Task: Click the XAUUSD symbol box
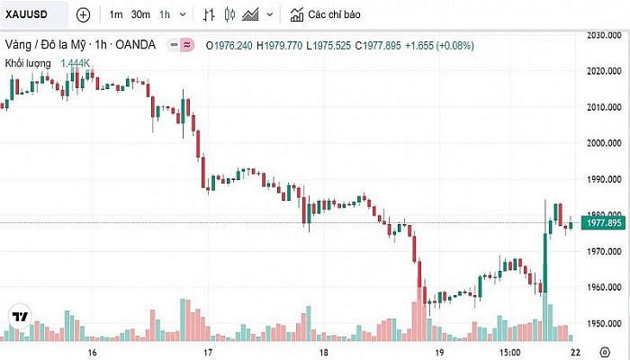tap(34, 14)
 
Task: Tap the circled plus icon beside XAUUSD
tap(83, 14)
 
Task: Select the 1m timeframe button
tap(116, 14)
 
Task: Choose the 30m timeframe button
tap(140, 14)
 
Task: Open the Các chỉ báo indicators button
tap(324, 14)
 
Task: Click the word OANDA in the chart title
tap(137, 44)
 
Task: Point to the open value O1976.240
tap(230, 45)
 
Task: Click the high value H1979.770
tap(280, 45)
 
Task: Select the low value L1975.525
tap(328, 45)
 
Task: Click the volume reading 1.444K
tap(76, 62)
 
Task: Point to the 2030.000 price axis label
tap(604, 36)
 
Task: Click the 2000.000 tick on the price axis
tap(604, 142)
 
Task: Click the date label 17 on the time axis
tap(208, 352)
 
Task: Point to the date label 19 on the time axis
tap(439, 352)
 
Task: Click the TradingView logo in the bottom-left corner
tap(18, 316)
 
